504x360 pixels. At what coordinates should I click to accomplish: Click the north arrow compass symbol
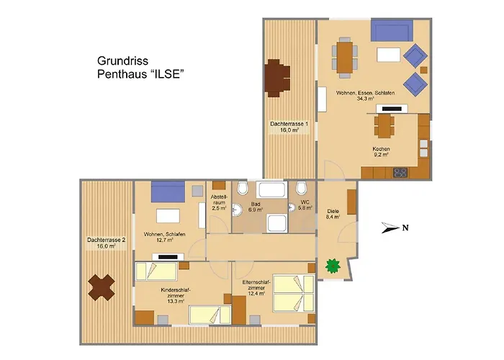click(x=395, y=228)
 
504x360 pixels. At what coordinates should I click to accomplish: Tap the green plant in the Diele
click(x=333, y=266)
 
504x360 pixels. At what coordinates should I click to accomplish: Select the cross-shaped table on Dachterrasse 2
click(x=102, y=287)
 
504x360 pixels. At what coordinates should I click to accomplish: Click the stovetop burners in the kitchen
click(x=400, y=173)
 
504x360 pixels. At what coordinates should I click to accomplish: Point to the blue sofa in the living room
click(x=392, y=30)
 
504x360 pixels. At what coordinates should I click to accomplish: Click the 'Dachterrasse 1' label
click(x=289, y=124)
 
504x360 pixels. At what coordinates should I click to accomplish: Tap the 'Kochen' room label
click(x=381, y=149)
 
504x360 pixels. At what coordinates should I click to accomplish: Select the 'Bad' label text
click(x=256, y=204)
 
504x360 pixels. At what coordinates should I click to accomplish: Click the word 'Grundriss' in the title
click(x=123, y=60)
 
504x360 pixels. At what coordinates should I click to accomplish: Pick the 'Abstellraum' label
click(x=219, y=199)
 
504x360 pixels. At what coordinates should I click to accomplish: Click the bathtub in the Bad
click(x=272, y=189)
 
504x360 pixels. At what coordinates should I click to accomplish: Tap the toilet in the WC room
click(x=301, y=188)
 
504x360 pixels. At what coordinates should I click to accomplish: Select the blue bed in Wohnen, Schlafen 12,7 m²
click(x=168, y=192)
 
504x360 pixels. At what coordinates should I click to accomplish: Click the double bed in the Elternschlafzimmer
click(x=293, y=293)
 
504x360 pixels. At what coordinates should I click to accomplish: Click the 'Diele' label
click(x=333, y=211)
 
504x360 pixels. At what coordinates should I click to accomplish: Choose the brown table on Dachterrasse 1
click(x=277, y=78)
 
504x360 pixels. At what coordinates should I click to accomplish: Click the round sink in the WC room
click(x=292, y=207)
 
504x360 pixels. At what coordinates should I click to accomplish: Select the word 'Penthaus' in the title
click(x=121, y=74)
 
